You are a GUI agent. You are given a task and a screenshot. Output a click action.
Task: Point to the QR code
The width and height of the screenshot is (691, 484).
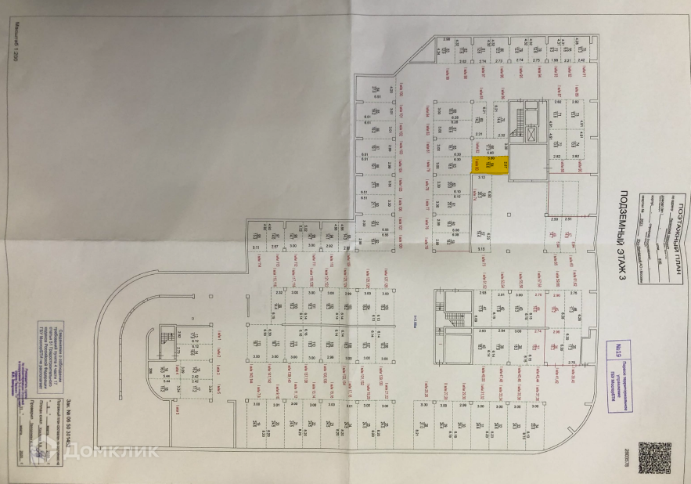(654, 457)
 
